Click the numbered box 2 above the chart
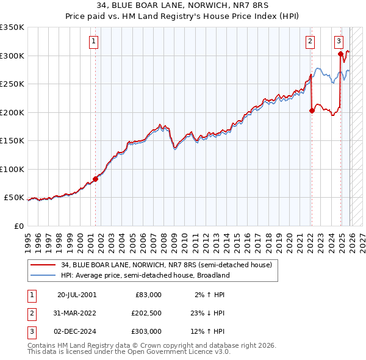310,41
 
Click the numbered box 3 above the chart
339,41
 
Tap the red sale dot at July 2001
95,179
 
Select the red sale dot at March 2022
312,110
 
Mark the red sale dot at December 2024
340,54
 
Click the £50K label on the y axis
14,198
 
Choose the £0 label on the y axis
18,226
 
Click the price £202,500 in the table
146,313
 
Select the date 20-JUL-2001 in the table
76,295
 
